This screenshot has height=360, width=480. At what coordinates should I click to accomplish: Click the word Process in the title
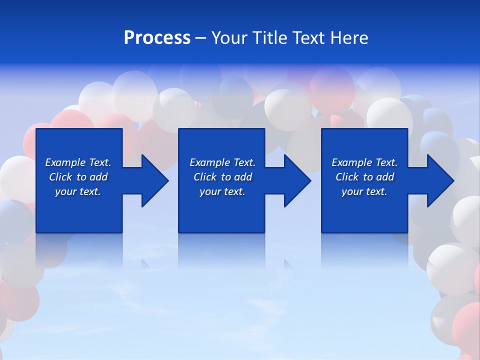[157, 38]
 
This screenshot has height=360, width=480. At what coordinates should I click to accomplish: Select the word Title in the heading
[269, 38]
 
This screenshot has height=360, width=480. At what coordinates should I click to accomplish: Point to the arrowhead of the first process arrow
[154, 180]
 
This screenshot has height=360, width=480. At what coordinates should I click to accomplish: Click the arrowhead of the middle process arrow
[297, 180]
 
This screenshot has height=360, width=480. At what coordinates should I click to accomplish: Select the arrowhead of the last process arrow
[440, 180]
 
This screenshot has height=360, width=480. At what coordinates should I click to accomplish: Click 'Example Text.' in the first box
[78, 162]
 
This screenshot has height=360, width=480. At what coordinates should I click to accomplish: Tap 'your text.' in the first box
[78, 191]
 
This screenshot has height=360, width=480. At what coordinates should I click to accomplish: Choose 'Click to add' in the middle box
[222, 177]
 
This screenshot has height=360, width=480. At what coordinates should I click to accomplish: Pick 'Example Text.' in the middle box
[222, 162]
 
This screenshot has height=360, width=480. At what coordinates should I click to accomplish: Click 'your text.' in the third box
[364, 191]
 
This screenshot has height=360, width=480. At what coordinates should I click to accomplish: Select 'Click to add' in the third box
[364, 177]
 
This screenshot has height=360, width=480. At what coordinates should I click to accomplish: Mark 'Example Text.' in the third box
[364, 162]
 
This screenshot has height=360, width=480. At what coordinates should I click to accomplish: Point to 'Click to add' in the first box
[78, 177]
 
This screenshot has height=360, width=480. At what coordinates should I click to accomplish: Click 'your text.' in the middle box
[222, 191]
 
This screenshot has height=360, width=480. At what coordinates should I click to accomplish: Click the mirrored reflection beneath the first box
[79, 250]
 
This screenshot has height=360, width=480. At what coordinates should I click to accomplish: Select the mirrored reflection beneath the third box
[364, 250]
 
